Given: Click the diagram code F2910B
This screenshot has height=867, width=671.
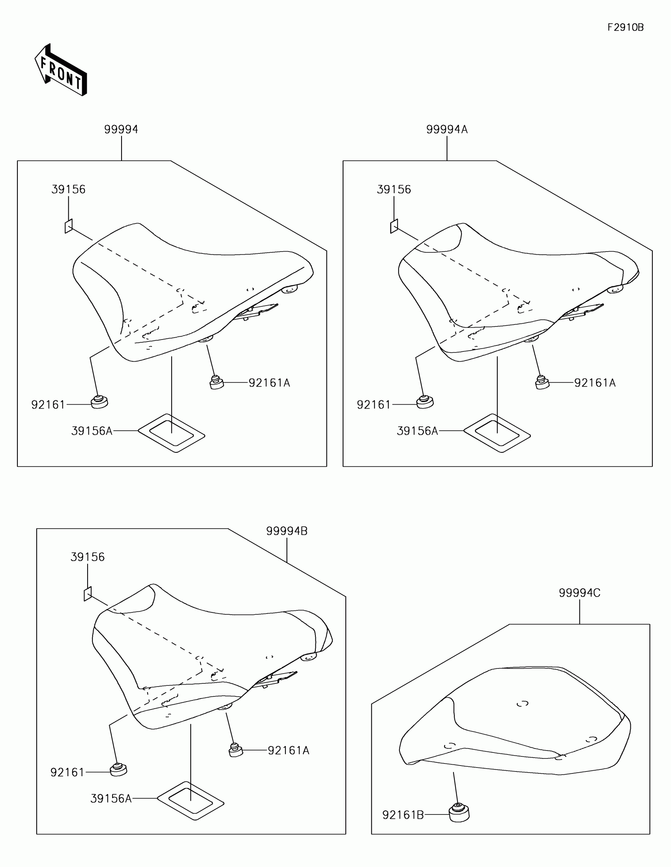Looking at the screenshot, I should coord(625,27).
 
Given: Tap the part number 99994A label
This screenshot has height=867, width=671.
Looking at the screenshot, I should coord(447,129).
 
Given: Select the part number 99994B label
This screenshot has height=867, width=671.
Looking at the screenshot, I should coord(287,531).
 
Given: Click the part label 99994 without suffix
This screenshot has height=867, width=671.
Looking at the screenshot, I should coord(121,129).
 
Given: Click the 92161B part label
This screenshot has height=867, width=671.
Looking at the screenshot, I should coord(403,815).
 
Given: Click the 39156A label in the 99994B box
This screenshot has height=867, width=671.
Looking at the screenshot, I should coord(111,798).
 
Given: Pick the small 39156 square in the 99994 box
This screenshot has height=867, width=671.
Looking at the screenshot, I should coord(69,226).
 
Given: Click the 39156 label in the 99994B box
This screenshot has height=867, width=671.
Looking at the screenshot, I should coord(88,557).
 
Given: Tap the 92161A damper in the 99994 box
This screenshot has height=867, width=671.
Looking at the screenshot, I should coord(216,382).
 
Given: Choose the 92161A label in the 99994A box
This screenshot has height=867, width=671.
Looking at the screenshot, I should coord(595,383).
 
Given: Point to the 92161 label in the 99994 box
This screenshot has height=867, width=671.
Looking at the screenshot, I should coord(48,405).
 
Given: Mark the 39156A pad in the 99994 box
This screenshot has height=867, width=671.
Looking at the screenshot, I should coord(171,433).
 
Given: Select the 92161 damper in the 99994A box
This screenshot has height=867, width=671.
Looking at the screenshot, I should coord(425,402).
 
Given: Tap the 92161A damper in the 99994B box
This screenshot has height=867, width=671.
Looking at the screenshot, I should coord(235,749).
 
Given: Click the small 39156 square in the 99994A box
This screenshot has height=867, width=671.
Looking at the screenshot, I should coord(394,226).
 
